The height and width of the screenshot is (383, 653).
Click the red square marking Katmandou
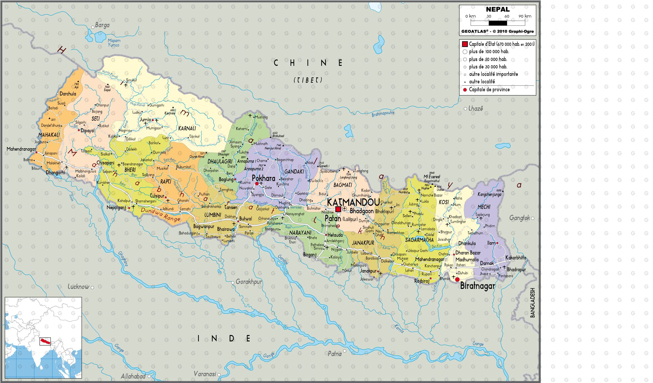[x=338, y=209]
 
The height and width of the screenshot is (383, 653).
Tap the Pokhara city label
[x=263, y=178]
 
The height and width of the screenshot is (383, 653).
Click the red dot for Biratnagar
[x=457, y=279]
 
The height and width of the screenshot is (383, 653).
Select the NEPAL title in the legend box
[x=498, y=9]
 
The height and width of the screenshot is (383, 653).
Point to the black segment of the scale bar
[x=498, y=23]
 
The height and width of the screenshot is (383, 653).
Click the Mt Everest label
[x=432, y=177]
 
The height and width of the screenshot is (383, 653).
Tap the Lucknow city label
[x=78, y=287]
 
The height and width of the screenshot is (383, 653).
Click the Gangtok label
[x=519, y=218]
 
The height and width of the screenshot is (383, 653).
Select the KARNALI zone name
[x=187, y=128]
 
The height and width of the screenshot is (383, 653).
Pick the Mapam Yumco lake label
[x=114, y=43]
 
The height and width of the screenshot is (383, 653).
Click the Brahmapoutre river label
[x=383, y=114]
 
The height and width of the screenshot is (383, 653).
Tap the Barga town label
[x=102, y=25]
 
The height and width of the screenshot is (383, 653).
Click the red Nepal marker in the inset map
[x=45, y=341]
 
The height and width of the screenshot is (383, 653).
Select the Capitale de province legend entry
[x=489, y=90]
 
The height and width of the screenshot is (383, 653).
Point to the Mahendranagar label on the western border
[x=21, y=149]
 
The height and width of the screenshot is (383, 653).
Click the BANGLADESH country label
[x=533, y=303]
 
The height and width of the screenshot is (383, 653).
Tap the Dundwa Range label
[x=160, y=214]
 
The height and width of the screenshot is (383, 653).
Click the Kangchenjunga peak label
[x=489, y=195]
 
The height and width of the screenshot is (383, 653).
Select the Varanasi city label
[x=205, y=374]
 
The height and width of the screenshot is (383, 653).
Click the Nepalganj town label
[x=116, y=207]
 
